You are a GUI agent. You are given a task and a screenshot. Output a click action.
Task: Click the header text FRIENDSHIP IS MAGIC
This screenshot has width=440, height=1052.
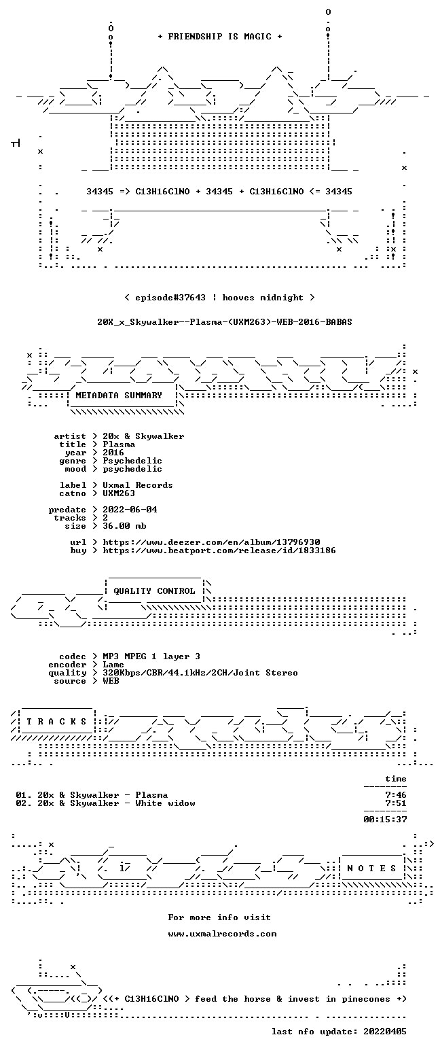point(219,37)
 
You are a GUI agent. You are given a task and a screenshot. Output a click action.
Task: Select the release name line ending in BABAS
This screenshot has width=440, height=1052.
point(225,322)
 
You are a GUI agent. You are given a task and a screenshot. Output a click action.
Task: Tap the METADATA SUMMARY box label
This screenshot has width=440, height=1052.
point(119,396)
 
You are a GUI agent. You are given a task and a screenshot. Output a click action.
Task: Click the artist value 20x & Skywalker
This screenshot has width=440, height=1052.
point(143,436)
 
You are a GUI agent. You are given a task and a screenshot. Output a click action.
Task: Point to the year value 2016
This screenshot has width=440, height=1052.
point(113,453)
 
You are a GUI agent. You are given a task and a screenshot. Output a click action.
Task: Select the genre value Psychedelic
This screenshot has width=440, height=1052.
point(132,461)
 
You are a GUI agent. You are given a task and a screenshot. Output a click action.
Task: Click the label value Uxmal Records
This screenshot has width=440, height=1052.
point(138,485)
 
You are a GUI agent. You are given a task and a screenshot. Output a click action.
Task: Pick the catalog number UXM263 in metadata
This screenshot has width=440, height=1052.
point(119,493)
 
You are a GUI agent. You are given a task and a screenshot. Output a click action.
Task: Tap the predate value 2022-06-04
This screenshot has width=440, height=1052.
point(130,510)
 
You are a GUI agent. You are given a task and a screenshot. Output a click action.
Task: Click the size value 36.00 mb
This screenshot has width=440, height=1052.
point(124,526)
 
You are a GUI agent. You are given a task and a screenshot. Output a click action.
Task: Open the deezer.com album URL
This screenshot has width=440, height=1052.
point(212,542)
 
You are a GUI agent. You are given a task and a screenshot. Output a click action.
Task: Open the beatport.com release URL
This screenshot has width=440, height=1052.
point(219,550)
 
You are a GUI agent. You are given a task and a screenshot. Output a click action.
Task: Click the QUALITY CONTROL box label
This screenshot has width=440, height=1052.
point(154,591)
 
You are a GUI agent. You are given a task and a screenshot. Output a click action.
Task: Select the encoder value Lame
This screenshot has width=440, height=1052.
point(113,665)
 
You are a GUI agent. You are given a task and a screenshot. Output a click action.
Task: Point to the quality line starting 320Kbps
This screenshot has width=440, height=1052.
point(200,673)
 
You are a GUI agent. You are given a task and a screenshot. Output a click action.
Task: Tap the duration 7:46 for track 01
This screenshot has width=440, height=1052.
point(396,795)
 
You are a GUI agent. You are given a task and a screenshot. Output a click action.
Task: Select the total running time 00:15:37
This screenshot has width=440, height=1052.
point(385,820)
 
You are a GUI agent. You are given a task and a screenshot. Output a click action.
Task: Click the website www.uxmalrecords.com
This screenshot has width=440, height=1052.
point(222,934)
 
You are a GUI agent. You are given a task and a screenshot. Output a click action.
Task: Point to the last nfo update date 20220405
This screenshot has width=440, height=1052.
point(385,1032)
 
